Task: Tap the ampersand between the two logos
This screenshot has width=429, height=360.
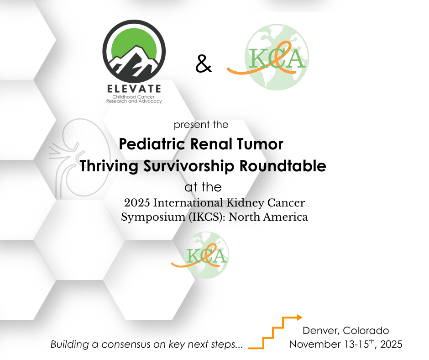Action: click(x=204, y=64)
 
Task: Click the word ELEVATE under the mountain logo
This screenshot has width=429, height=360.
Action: click(x=134, y=89)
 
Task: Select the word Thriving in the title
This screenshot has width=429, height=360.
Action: click(x=109, y=166)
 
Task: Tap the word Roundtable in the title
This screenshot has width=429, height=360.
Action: click(x=283, y=166)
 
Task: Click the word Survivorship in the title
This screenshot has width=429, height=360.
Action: click(x=189, y=166)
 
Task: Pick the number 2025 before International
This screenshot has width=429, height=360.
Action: click(x=137, y=203)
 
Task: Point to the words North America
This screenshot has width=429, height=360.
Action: click(x=268, y=217)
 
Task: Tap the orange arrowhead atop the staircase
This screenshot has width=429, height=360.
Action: click(x=299, y=318)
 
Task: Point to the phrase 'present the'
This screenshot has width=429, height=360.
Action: click(x=201, y=125)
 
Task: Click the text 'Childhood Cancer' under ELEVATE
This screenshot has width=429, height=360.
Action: click(x=134, y=97)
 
